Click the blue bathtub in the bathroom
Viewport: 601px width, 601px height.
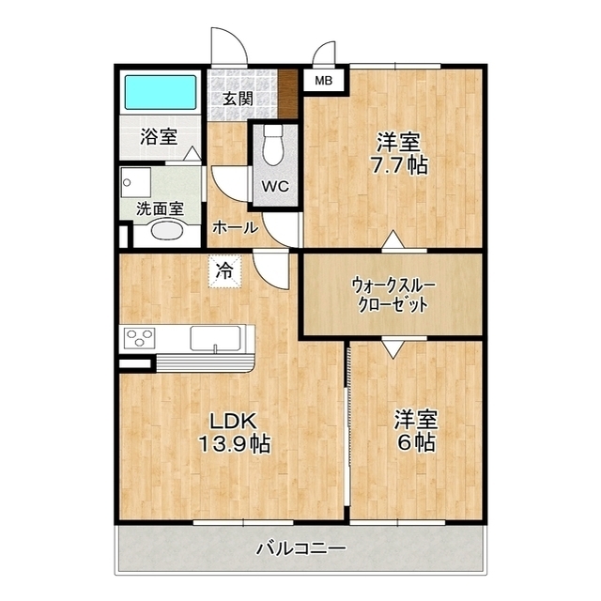click(161, 92)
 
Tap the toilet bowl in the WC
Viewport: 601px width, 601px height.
click(273, 146)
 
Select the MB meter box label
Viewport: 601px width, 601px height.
click(323, 81)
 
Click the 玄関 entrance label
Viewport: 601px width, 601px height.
click(238, 99)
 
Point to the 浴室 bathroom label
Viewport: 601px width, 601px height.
click(159, 136)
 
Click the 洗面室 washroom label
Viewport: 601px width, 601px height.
click(161, 208)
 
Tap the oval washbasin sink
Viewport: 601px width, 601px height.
click(167, 231)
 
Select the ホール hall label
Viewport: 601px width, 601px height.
click(236, 228)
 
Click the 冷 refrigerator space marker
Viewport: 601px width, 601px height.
click(224, 271)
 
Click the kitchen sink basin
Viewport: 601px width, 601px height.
click(216, 338)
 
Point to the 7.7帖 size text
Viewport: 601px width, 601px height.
click(398, 165)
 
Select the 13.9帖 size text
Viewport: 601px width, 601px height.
click(234, 444)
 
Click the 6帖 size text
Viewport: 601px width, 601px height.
click(416, 442)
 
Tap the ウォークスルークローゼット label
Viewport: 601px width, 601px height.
click(393, 295)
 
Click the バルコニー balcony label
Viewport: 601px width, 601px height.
click(300, 548)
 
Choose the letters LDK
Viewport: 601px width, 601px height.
click(233, 422)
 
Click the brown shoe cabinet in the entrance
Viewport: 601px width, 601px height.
click(288, 94)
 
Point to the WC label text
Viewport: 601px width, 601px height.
click(275, 187)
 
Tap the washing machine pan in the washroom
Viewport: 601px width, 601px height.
click(136, 183)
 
